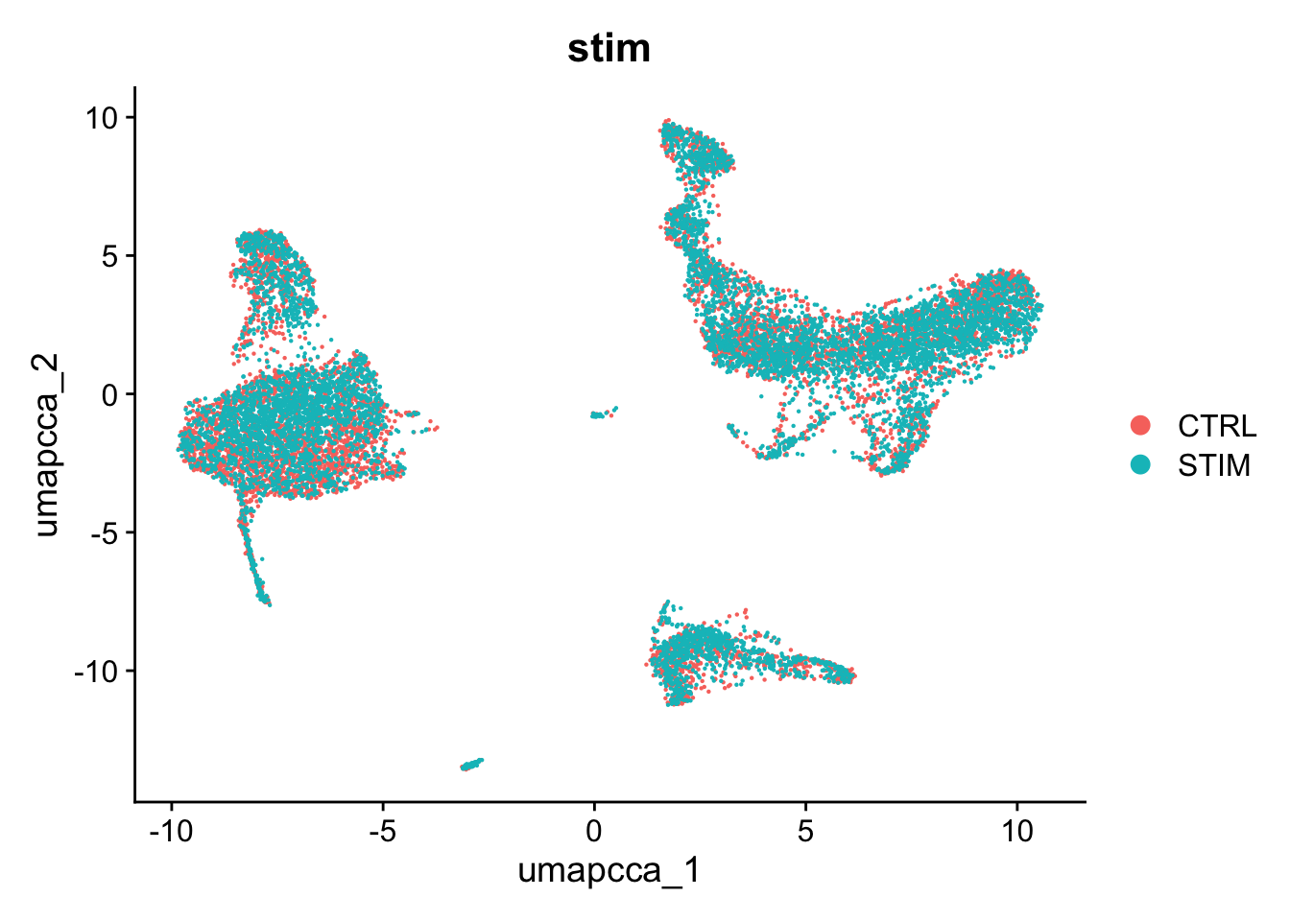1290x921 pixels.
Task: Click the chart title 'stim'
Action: point(609,48)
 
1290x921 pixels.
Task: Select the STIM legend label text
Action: point(1214,465)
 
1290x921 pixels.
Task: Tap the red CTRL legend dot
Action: point(1141,425)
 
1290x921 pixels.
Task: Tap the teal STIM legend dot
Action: point(1141,465)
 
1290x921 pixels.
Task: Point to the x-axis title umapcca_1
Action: point(609,871)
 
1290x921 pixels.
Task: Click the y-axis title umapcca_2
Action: point(47,444)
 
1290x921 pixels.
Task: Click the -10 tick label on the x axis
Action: point(171,830)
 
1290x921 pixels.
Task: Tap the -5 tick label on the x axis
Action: point(382,830)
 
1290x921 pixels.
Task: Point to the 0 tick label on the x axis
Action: point(594,830)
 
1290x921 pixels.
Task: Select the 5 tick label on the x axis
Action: point(805,830)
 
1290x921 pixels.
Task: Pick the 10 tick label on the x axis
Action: point(1017,830)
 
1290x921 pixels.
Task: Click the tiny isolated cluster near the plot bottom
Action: point(471,764)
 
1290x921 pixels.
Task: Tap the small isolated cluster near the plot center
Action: point(602,413)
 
